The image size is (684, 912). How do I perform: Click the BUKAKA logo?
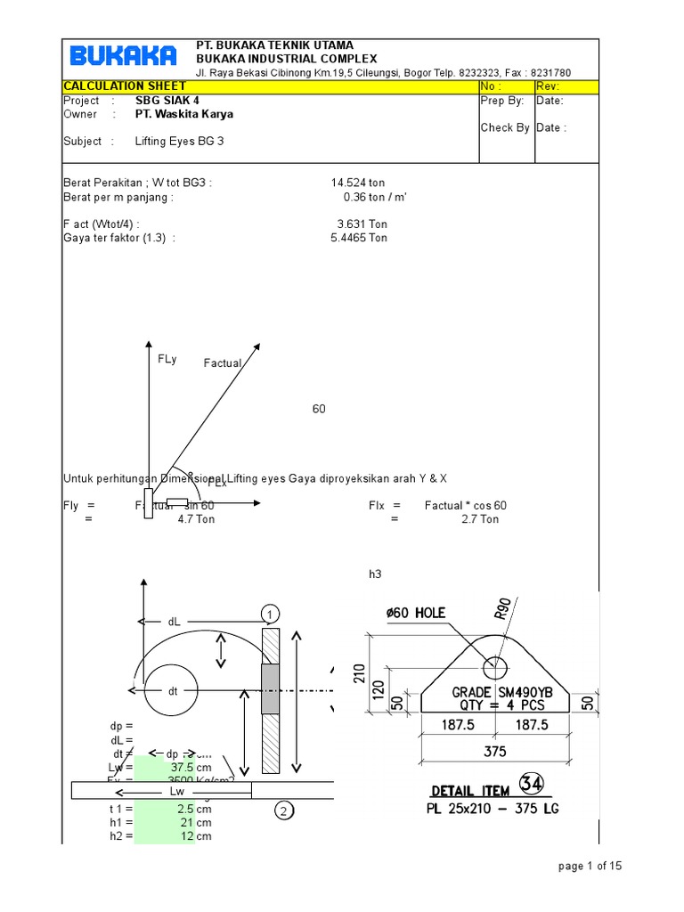[123, 57]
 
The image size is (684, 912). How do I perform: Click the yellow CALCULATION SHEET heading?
[125, 86]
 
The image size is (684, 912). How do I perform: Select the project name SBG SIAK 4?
[167, 101]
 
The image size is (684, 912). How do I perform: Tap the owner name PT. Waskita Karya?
[184, 114]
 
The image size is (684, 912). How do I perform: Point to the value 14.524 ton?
[359, 183]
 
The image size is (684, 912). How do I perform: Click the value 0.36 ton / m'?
[375, 198]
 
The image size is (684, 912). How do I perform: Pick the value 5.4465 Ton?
[359, 238]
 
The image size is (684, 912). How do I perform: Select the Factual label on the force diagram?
[223, 363]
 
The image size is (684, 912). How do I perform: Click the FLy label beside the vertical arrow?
[167, 359]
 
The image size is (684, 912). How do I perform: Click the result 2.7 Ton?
[480, 519]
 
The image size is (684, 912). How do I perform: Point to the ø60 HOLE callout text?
[416, 613]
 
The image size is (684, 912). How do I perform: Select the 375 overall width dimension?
[494, 751]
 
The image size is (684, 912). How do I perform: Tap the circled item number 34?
[533, 785]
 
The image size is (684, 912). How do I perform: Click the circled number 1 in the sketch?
[270, 614]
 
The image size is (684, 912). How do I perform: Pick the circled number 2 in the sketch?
[283, 810]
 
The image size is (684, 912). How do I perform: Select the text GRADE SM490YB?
[501, 692]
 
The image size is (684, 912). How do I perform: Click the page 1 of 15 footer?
[590, 866]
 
